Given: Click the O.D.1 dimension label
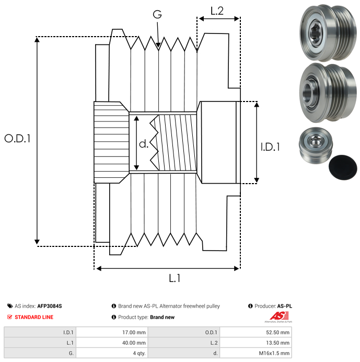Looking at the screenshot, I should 17,139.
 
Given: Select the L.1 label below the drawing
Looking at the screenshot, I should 175,279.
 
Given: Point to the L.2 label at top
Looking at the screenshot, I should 217,11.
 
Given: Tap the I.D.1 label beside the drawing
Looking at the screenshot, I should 270,147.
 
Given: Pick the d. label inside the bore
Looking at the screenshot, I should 144,143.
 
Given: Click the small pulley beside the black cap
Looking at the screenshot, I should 313,146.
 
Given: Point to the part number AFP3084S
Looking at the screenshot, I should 53,306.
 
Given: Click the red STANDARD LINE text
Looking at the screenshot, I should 34,317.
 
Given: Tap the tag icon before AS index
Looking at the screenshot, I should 10,306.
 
